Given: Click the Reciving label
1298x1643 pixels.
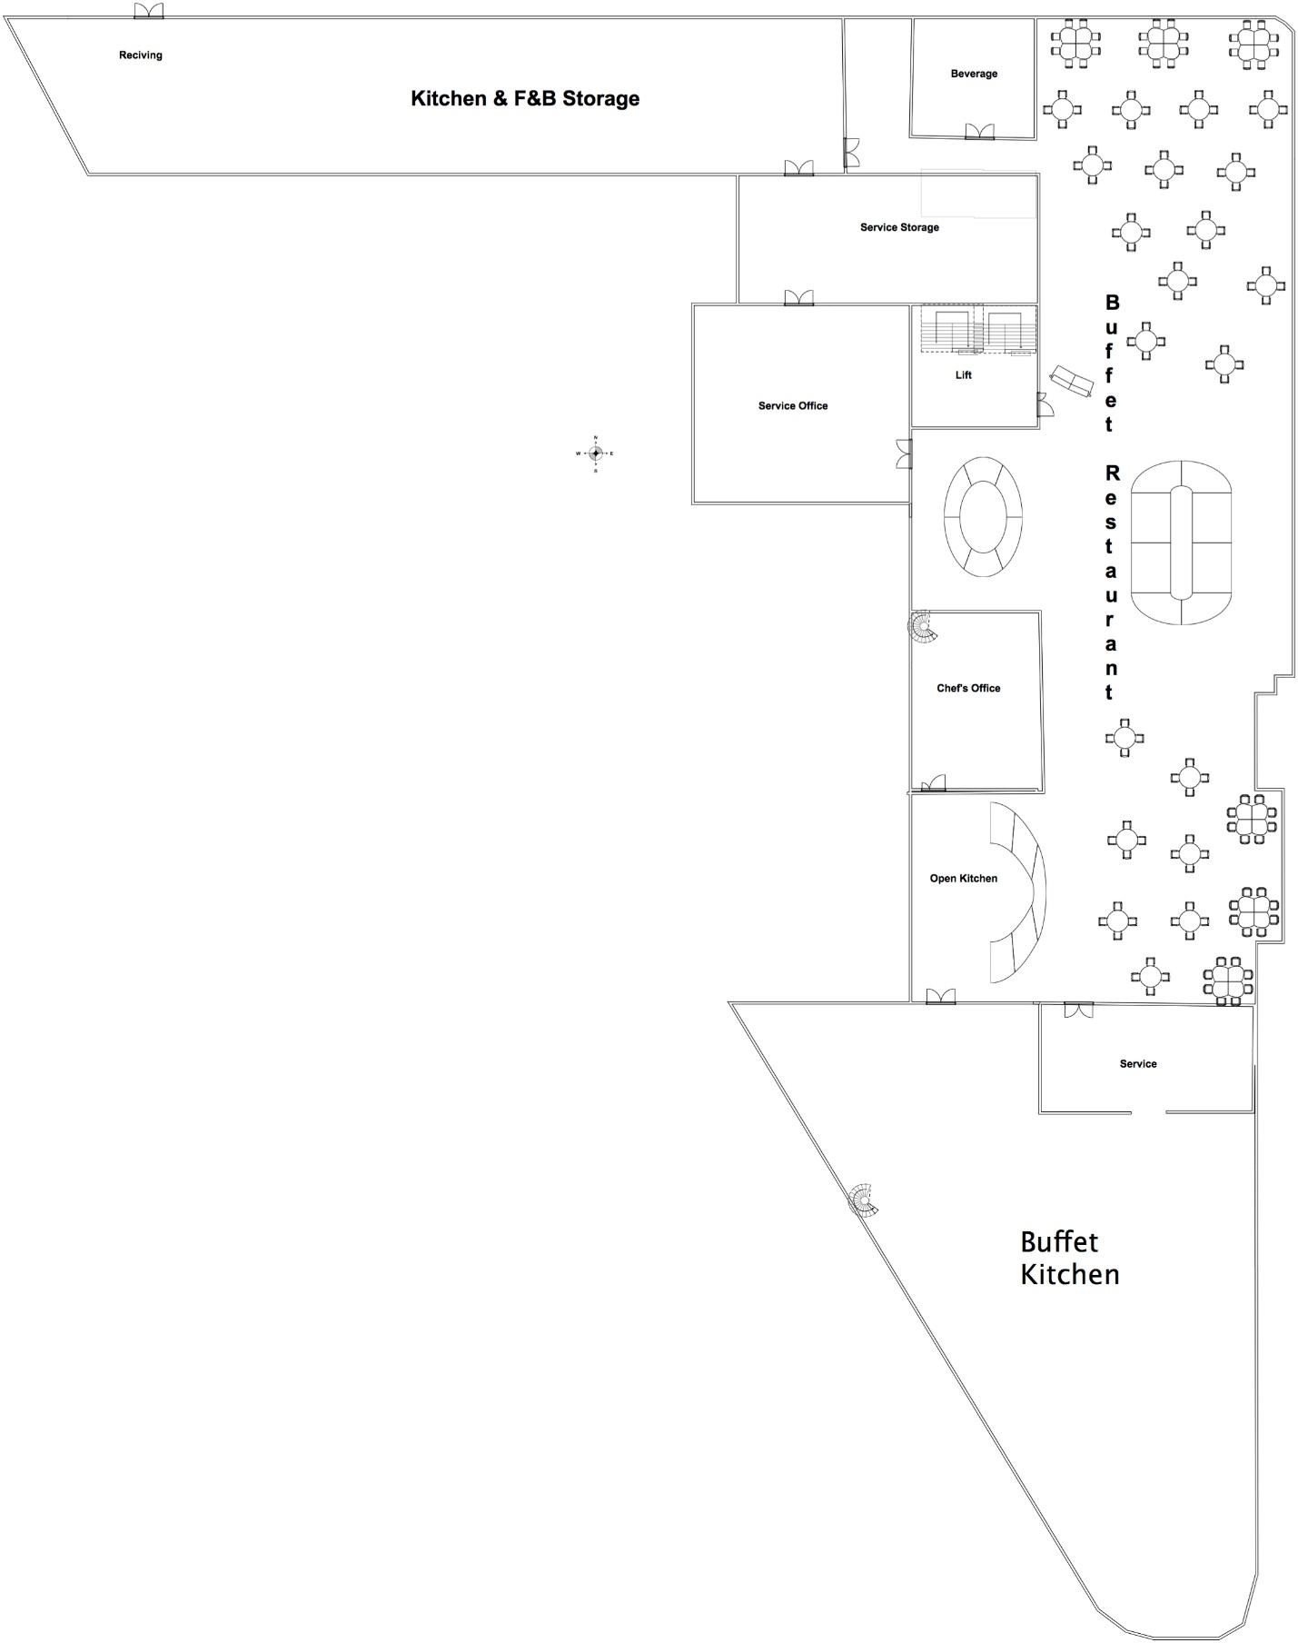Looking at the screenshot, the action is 141,55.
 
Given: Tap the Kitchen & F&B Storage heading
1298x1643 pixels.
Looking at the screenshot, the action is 525,98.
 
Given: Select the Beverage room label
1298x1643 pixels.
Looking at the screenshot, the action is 974,74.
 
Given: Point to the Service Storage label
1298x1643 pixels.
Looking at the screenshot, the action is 899,227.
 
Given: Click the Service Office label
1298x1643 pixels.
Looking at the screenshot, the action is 793,406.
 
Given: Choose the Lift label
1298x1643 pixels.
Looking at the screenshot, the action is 963,375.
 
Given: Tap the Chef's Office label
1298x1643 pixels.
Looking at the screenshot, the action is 968,689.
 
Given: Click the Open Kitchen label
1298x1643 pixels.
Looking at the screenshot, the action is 963,879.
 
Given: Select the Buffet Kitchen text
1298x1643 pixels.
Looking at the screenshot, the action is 1069,1258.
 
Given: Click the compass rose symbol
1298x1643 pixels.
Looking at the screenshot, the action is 595,453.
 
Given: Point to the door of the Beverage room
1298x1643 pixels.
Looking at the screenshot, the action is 979,132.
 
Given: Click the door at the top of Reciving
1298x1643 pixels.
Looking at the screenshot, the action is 148,11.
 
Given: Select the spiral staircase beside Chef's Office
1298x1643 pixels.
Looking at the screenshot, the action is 924,627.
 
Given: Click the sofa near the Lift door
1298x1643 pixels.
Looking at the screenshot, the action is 1071,381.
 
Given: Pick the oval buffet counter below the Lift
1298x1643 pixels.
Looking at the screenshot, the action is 983,517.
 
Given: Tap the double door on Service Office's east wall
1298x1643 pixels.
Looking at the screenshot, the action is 904,454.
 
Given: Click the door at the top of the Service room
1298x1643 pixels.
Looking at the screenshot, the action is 1078,1010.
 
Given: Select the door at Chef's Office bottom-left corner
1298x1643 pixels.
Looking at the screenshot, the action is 933,783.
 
